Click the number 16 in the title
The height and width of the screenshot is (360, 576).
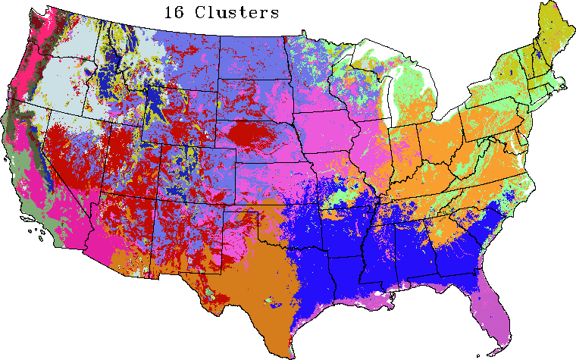tap(174, 13)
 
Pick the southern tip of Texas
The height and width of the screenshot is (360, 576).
tap(288, 353)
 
